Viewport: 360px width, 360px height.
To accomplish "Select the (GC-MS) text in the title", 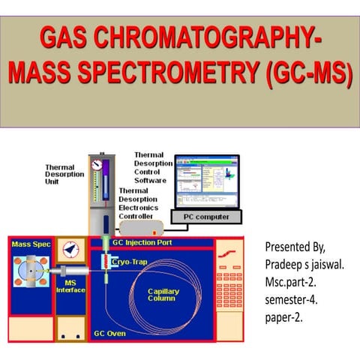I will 307,74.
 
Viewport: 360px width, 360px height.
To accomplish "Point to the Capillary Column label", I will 162,294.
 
